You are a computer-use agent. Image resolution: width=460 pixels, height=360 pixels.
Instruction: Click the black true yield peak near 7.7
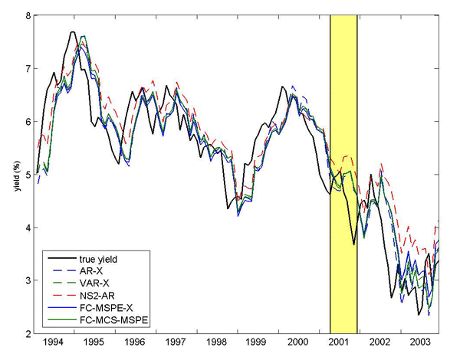(72, 32)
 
